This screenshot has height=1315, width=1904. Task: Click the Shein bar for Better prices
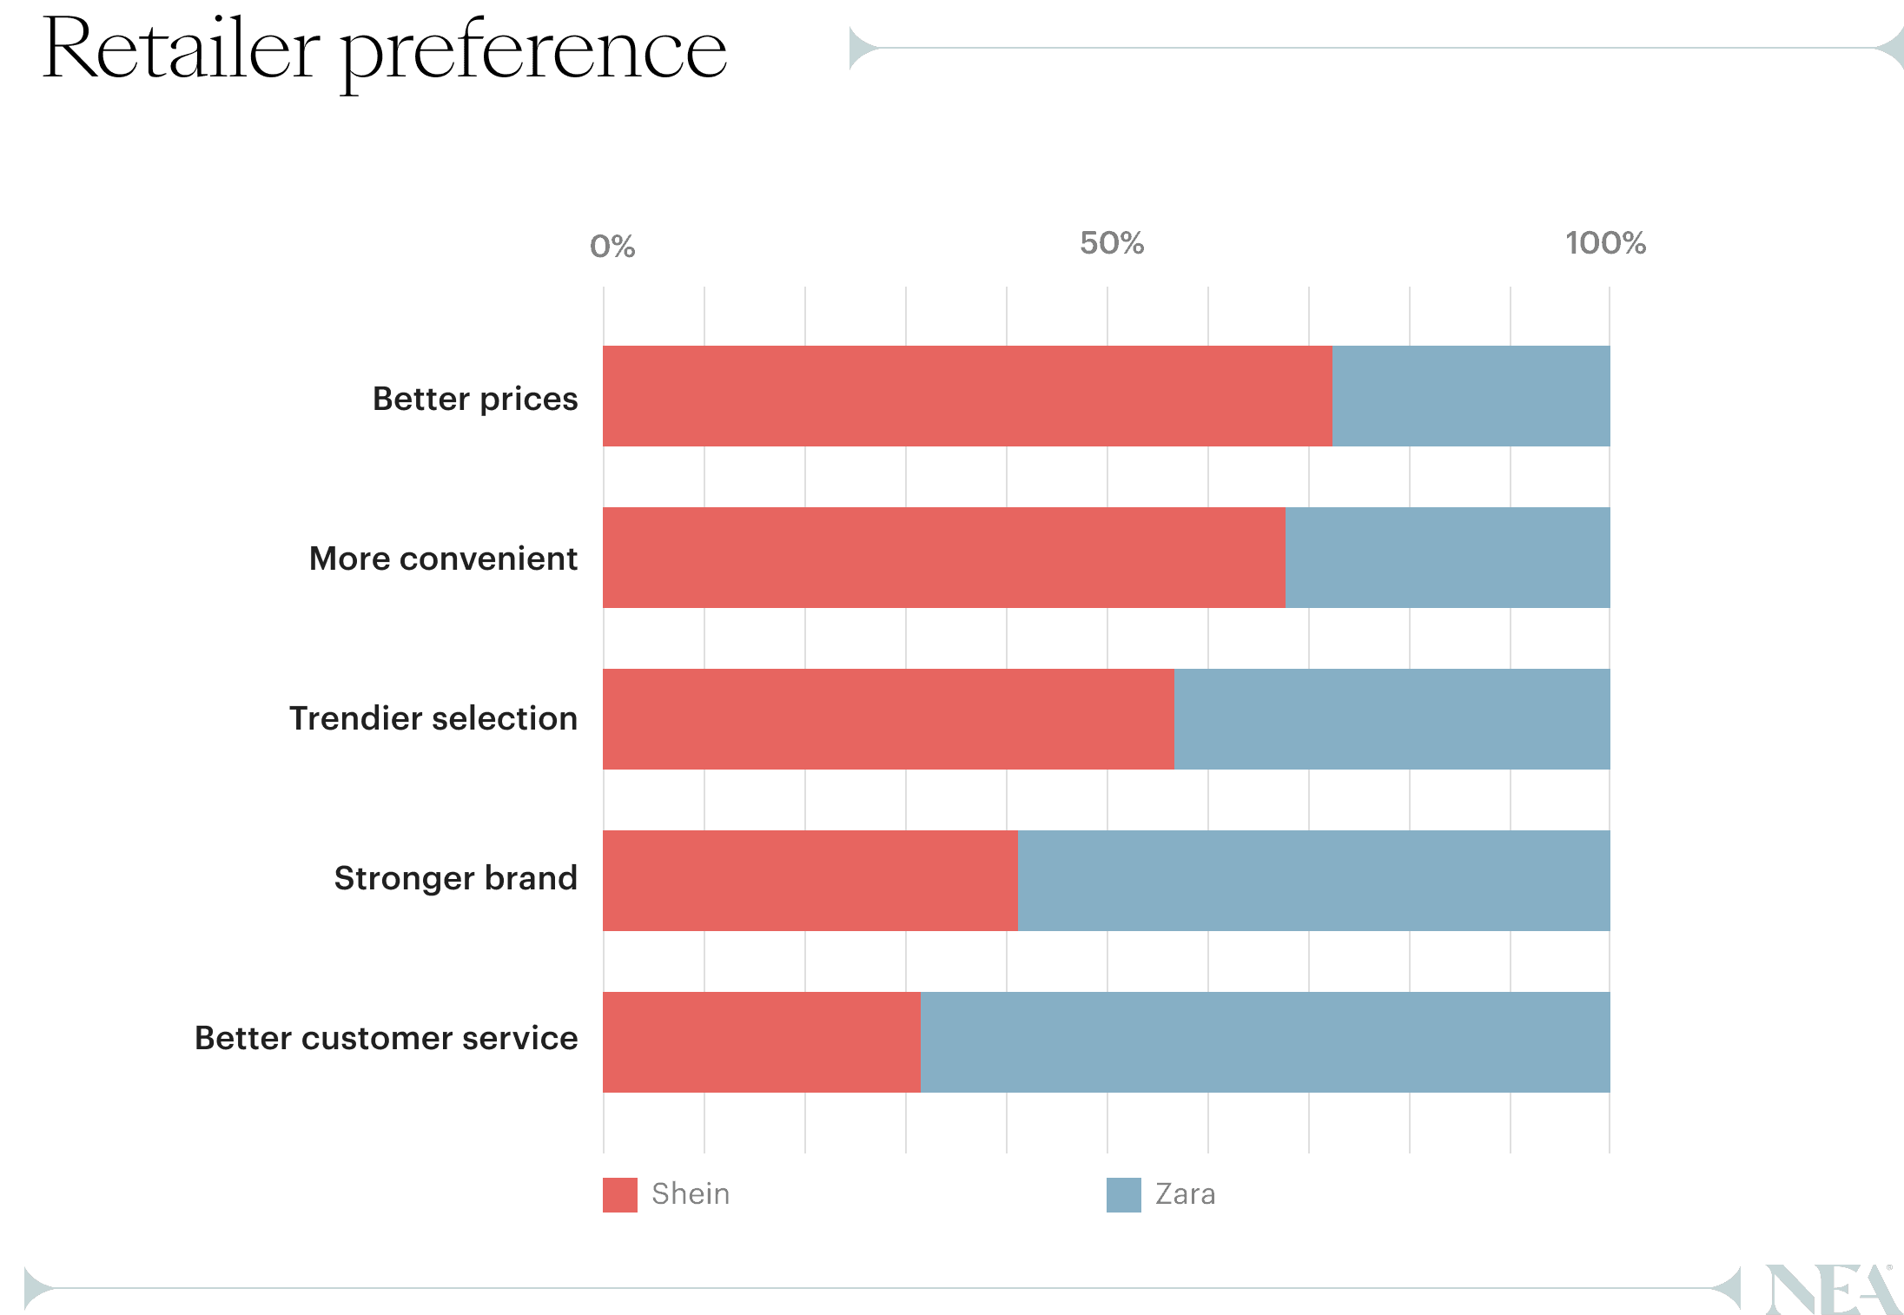967,396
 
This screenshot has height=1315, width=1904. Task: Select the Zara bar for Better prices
1471,396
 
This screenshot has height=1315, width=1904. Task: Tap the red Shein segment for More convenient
943,558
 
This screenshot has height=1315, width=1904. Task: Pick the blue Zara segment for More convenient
1447,558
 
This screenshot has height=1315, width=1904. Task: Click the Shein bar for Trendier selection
888,719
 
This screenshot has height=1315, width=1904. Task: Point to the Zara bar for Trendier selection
1392,719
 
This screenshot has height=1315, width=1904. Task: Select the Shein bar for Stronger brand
810,881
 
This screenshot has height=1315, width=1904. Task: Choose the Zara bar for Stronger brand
1313,881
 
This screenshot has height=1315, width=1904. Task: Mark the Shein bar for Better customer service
761,1042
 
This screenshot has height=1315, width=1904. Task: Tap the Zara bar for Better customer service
1265,1042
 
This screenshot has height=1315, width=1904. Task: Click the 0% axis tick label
612,247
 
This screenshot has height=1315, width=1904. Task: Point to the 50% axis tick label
1112,243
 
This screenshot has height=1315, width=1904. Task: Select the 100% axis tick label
1605,243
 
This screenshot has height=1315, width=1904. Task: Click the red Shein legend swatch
620,1195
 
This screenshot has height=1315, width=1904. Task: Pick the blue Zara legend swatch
1124,1195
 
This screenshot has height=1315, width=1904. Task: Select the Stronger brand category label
456,878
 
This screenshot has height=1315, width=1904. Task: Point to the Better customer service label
387,1038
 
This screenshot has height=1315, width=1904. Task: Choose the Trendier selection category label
433,718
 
